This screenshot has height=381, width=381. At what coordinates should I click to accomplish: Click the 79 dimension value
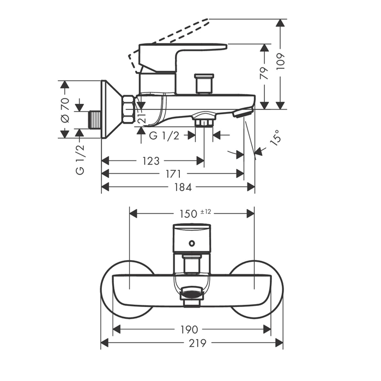[x=265, y=74]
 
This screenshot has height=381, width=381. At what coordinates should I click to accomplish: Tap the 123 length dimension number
[x=152, y=161]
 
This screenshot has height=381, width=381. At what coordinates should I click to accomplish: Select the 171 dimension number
[x=173, y=174]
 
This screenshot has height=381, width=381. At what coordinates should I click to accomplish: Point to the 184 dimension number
[x=183, y=187]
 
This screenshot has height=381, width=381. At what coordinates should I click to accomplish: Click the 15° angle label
[x=276, y=137]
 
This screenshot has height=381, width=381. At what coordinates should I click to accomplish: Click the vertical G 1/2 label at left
[x=80, y=159]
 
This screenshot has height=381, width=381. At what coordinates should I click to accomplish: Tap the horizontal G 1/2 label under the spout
[x=164, y=136]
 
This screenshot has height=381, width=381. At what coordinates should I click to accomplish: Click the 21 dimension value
[x=142, y=115]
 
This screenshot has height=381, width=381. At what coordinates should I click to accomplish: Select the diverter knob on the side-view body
[x=203, y=83]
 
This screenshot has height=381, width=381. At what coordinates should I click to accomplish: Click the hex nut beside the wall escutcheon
[x=128, y=108]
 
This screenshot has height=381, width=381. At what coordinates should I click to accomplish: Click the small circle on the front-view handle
[x=191, y=243]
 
